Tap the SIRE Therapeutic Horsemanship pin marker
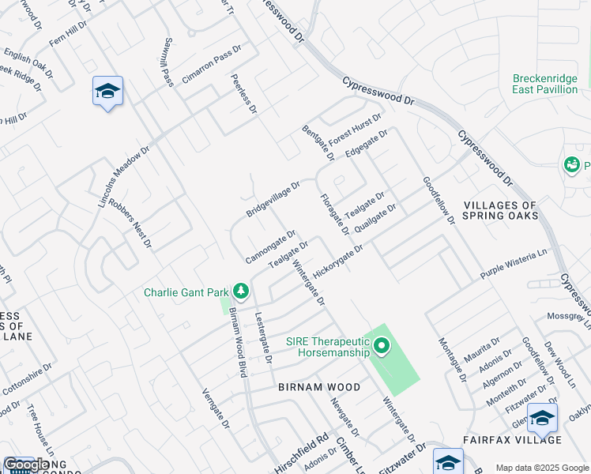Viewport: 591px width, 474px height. click(382, 346)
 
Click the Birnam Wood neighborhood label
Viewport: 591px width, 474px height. click(319, 387)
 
